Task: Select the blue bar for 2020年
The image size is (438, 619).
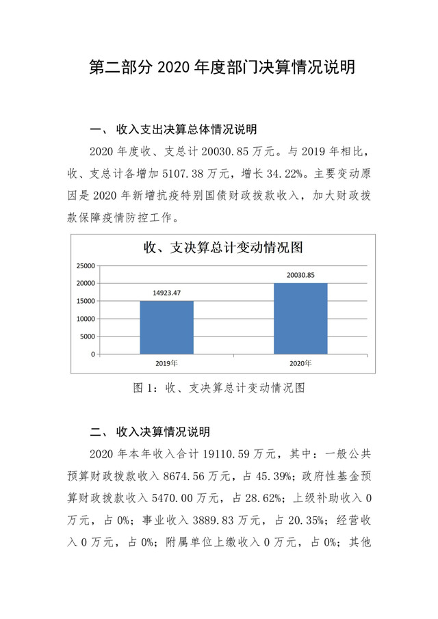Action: click(x=300, y=318)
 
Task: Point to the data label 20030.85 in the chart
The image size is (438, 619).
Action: click(x=300, y=275)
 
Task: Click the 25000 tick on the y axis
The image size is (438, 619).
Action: click(x=85, y=265)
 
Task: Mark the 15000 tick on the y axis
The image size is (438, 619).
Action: click(x=85, y=301)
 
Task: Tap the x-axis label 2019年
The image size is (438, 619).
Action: click(x=166, y=363)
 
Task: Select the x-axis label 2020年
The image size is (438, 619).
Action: click(x=300, y=363)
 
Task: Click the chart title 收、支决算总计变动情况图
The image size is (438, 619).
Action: click(x=222, y=247)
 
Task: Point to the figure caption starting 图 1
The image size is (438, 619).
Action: click(x=218, y=388)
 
